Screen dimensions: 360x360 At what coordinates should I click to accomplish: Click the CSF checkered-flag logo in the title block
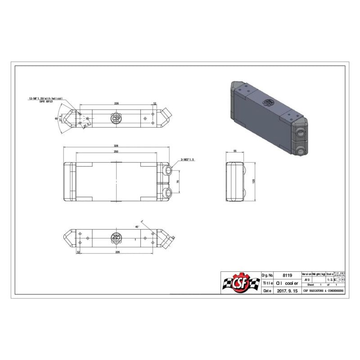[x=240, y=283]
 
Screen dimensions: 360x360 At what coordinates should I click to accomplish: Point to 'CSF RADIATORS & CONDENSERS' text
[x=324, y=291]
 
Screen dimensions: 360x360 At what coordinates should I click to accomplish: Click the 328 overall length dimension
[x=116, y=146]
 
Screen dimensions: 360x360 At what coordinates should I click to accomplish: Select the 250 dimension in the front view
[x=116, y=152]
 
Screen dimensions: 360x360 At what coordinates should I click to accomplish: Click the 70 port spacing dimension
[x=178, y=182]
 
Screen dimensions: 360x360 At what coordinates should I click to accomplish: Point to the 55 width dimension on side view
[x=235, y=152]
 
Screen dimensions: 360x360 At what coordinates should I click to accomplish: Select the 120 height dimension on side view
[x=253, y=181]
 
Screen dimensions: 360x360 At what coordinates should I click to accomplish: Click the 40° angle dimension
[x=137, y=226]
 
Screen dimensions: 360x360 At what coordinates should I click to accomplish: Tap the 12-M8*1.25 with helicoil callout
[x=45, y=98]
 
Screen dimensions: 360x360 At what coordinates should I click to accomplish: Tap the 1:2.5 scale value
[x=330, y=279]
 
